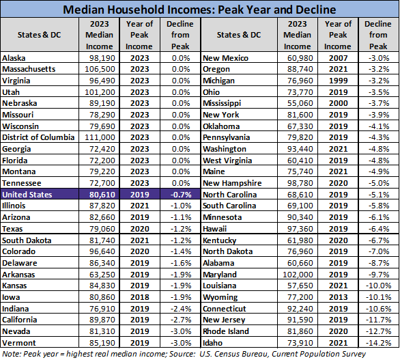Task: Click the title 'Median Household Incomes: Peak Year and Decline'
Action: pyautogui.click(x=200, y=10)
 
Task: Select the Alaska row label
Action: pyautogui.click(x=14, y=59)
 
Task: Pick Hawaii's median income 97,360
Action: pyautogui.click(x=300, y=229)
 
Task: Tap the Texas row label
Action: pyautogui.click(x=13, y=229)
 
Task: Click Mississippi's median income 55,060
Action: pyautogui.click(x=300, y=104)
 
